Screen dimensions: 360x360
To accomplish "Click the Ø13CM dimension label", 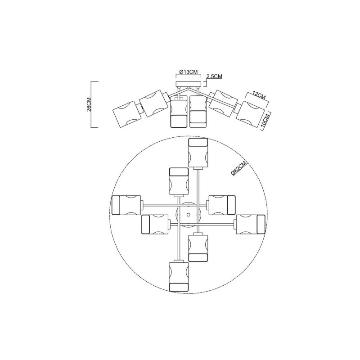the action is pyautogui.click(x=188, y=72).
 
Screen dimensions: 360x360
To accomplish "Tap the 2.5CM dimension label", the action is pyautogui.click(x=214, y=76).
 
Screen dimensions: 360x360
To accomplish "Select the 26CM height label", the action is pyautogui.click(x=89, y=104).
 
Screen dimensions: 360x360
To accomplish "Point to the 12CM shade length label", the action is pyautogui.click(x=259, y=95).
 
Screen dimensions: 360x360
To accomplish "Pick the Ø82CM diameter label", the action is pyautogui.click(x=239, y=168).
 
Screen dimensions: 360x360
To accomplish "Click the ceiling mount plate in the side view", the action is pyautogui.click(x=188, y=84).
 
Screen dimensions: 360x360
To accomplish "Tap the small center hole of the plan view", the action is pyautogui.click(x=188, y=215).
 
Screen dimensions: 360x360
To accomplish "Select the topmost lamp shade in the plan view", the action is pyautogui.click(x=198, y=153).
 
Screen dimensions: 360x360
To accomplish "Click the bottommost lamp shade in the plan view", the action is pyautogui.click(x=179, y=277).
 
